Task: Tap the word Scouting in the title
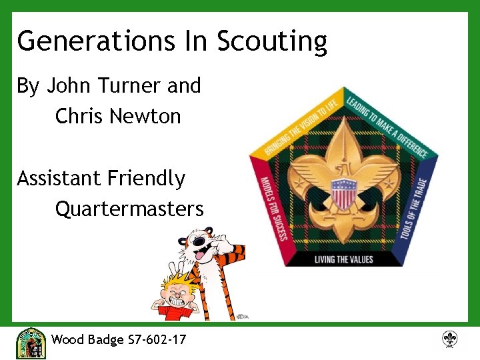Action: tap(271, 41)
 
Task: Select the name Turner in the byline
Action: tap(129, 85)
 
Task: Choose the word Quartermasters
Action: tap(129, 209)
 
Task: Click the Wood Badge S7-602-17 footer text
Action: tap(119, 339)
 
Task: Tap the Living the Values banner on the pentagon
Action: tap(343, 259)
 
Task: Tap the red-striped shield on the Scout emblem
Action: tap(344, 197)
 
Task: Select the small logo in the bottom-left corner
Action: tap(30, 343)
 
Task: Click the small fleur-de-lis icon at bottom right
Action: tap(450, 339)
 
